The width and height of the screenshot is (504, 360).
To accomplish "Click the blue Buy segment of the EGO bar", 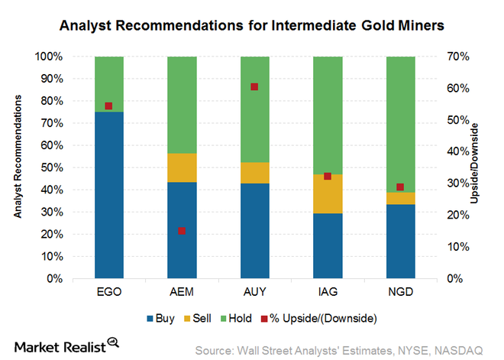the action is click(109, 195).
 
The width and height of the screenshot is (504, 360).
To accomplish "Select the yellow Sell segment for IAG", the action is click(328, 193).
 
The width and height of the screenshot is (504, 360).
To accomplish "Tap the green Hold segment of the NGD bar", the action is click(400, 125).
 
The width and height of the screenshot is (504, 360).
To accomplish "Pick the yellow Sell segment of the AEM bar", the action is click(182, 167).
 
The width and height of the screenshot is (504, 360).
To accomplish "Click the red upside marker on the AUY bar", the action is click(254, 87).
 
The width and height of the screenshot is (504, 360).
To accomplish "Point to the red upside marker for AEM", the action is click(182, 231).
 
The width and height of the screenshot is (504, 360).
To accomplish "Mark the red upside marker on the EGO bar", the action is click(108, 106).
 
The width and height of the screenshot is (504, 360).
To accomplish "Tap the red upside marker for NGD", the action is click(400, 187).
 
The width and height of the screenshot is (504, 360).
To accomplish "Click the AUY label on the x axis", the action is click(255, 292).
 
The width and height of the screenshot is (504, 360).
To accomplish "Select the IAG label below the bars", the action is click(328, 292).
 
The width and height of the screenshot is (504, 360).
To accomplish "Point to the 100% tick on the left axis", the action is click(49, 57).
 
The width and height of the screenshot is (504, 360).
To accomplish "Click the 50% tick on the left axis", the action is click(52, 167).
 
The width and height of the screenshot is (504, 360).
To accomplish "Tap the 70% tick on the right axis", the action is click(458, 57).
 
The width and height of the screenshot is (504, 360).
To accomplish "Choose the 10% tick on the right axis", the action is click(458, 247).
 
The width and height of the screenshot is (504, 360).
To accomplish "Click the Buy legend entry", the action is click(160, 319).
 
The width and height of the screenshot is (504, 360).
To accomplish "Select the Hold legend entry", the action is click(236, 319).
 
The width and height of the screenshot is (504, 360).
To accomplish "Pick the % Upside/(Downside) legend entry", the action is click(318, 319).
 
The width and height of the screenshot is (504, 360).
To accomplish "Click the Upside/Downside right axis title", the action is click(474, 164).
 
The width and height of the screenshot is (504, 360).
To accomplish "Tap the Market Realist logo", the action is click(66, 345).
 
